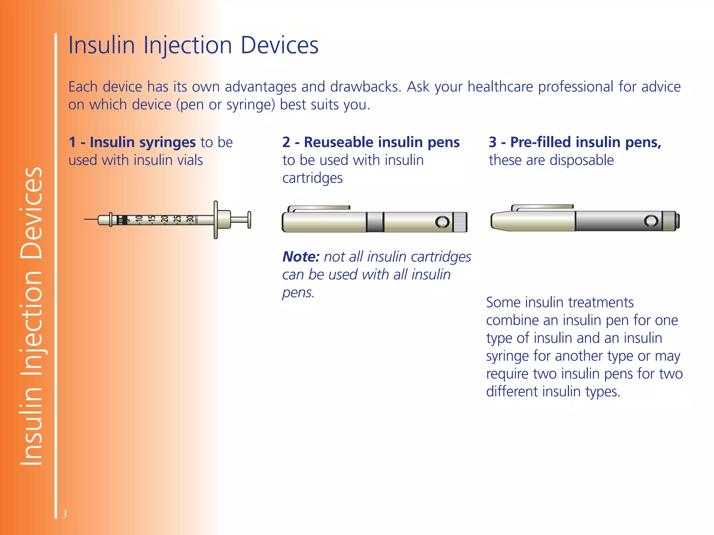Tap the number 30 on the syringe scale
coord(190,219)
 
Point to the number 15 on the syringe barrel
coord(152,219)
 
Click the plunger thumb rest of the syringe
coord(249,220)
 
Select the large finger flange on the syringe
coord(216,220)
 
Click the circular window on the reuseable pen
coord(442,222)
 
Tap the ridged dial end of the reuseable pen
coord(460,222)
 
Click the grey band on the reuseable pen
coord(375,222)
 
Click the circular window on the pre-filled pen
coord(651,221)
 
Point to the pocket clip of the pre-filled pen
coord(542,207)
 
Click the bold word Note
coord(301,257)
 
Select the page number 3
coord(64,514)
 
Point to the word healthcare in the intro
coord(500,87)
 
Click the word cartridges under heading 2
coord(312,178)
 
